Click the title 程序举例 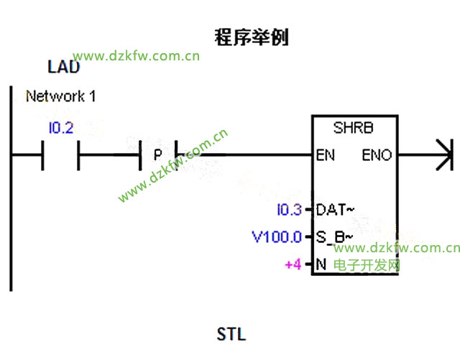pyautogui.click(x=252, y=37)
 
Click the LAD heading pyautogui.click(x=63, y=68)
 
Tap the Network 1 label pyautogui.click(x=60, y=96)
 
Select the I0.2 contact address pyautogui.click(x=60, y=129)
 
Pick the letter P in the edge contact pyautogui.click(x=157, y=154)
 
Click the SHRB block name pyautogui.click(x=354, y=128)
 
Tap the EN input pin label pyautogui.click(x=325, y=154)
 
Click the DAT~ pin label pyautogui.click(x=334, y=210)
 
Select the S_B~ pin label pyautogui.click(x=334, y=236)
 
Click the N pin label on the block pyautogui.click(x=321, y=264)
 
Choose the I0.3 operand pyautogui.click(x=290, y=210)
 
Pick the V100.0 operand pyautogui.click(x=277, y=236)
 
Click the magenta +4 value pyautogui.click(x=293, y=264)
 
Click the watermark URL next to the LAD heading pyautogui.click(x=137, y=55)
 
